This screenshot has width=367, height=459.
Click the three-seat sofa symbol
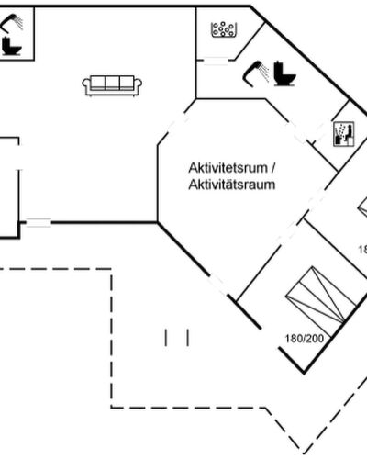pos(112,85)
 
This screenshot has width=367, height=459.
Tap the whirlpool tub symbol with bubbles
pos(224,29)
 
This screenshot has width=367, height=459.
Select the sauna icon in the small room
pos(343,134)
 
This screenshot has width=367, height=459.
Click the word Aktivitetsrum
pos(228,168)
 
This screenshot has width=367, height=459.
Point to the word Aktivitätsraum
pos(232,185)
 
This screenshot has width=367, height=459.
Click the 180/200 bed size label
pos(305,339)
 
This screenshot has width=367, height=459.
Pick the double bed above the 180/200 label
pos(320,296)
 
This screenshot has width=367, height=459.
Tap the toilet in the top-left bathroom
pos(12,46)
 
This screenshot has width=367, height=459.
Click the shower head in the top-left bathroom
pos(12,22)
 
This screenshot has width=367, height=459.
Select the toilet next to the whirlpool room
pos(284,73)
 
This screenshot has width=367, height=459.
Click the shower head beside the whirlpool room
pos(256,72)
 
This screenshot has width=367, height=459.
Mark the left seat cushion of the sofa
pos(98,83)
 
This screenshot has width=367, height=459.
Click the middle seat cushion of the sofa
pos(112,83)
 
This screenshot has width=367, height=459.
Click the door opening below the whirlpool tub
pos(216,62)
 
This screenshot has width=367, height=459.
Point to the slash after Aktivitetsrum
pos(272,168)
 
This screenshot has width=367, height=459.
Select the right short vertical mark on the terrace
pos(188,338)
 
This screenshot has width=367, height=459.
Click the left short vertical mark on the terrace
pos(166,338)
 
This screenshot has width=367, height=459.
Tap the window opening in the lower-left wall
pos(39,223)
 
